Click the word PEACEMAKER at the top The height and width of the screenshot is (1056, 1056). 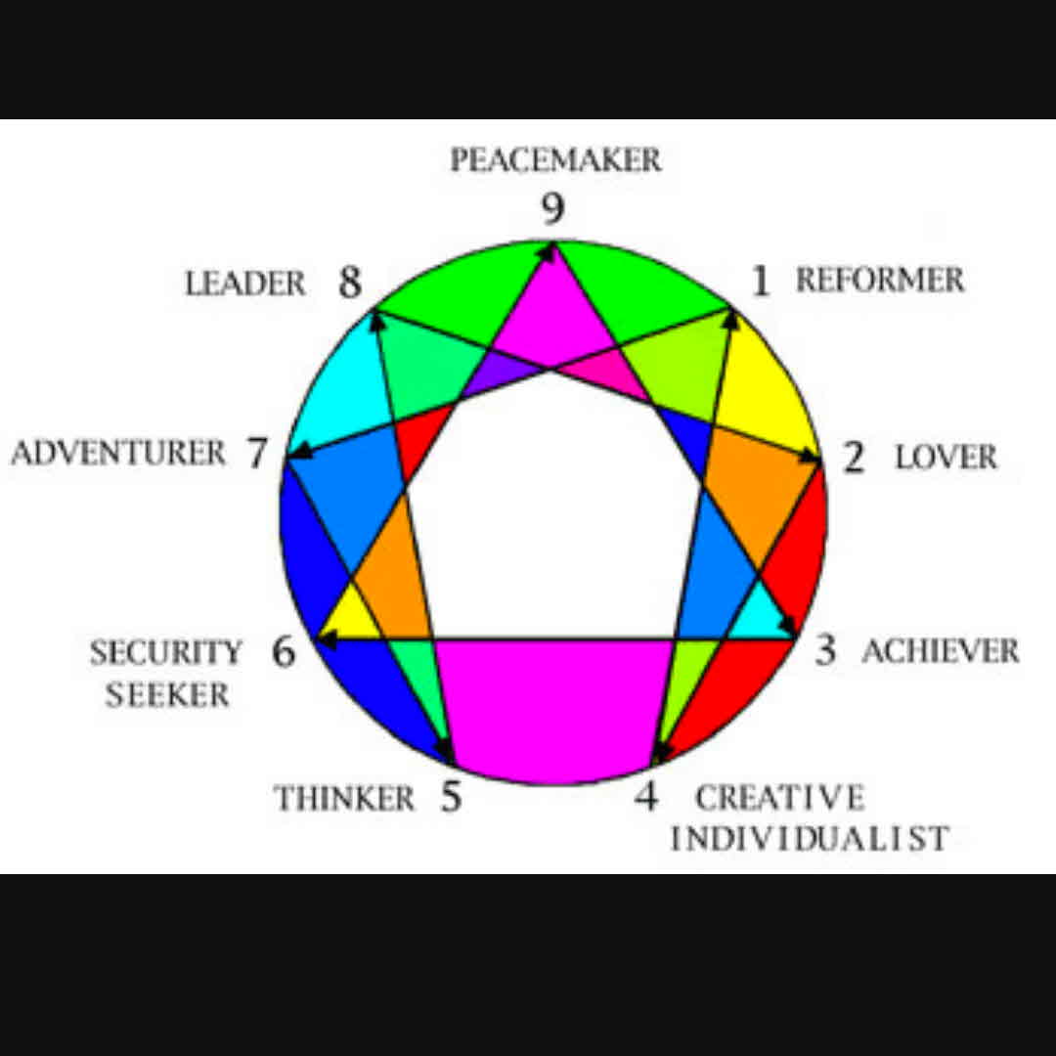click(x=555, y=160)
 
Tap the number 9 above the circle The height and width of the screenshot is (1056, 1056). click(x=554, y=209)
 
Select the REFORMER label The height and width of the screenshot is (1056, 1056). click(x=879, y=281)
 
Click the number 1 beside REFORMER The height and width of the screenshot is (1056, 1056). click(x=760, y=282)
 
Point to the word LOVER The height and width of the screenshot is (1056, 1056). click(x=946, y=458)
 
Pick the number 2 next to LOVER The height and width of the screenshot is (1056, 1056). click(x=854, y=457)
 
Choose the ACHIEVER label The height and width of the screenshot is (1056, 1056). click(x=940, y=651)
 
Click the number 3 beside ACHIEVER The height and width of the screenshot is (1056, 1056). click(x=826, y=650)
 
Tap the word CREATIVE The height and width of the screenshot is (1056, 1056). click(x=779, y=798)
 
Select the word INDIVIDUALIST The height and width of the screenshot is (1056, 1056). click(x=809, y=838)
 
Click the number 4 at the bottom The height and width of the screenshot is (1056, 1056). click(x=645, y=797)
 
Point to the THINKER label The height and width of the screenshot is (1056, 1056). click(x=344, y=798)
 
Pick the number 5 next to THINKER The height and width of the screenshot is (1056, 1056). click(x=450, y=797)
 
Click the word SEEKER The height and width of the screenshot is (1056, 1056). click(x=167, y=695)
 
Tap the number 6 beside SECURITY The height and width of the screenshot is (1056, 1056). click(x=283, y=651)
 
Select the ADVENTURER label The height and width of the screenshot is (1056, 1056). click(x=118, y=454)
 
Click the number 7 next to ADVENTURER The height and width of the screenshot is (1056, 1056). click(x=256, y=454)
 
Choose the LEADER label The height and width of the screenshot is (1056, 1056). click(x=245, y=285)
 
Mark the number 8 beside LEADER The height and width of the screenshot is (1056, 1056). click(x=350, y=284)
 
